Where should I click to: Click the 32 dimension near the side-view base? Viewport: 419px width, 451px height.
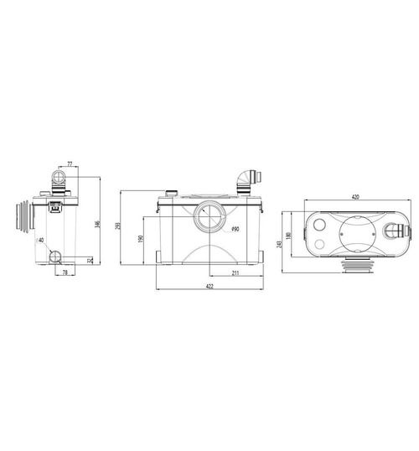(90, 261)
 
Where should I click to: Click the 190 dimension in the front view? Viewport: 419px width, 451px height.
(141, 239)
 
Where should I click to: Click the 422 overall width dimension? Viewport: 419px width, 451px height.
(209, 289)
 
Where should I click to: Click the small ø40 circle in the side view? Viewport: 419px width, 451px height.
(55, 257)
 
